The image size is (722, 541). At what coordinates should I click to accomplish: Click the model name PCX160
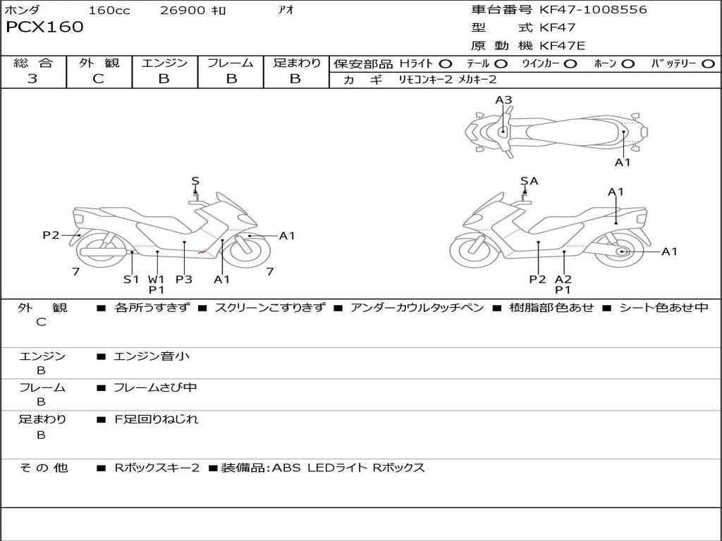point(44,27)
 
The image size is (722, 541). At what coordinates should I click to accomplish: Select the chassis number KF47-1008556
point(593,9)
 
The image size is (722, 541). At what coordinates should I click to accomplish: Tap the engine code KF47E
point(562,46)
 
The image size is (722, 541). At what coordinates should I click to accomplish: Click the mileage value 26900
point(183,10)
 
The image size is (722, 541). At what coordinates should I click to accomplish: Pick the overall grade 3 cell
point(32,78)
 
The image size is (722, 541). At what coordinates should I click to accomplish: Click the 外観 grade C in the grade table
point(99,79)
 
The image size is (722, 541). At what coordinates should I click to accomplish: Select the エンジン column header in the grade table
point(164,63)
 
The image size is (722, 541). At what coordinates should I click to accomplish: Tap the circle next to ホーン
point(628,64)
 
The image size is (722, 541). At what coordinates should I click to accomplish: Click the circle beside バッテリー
point(708,64)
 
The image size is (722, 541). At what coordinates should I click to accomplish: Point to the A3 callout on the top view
point(503,100)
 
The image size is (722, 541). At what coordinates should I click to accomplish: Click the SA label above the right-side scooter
point(530,181)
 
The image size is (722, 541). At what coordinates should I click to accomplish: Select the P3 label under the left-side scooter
point(184,279)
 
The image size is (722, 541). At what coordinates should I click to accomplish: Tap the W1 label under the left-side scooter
point(156,279)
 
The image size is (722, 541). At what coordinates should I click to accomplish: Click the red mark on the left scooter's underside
point(202,251)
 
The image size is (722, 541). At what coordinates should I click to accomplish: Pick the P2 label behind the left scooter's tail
point(51,235)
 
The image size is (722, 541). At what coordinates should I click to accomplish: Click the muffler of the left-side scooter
point(103,252)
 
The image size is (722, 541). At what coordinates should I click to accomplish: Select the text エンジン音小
point(152,356)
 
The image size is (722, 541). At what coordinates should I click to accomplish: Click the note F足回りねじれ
point(156,419)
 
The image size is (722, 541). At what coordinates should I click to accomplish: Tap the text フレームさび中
point(155,387)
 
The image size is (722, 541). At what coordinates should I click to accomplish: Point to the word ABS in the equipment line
point(286,468)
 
